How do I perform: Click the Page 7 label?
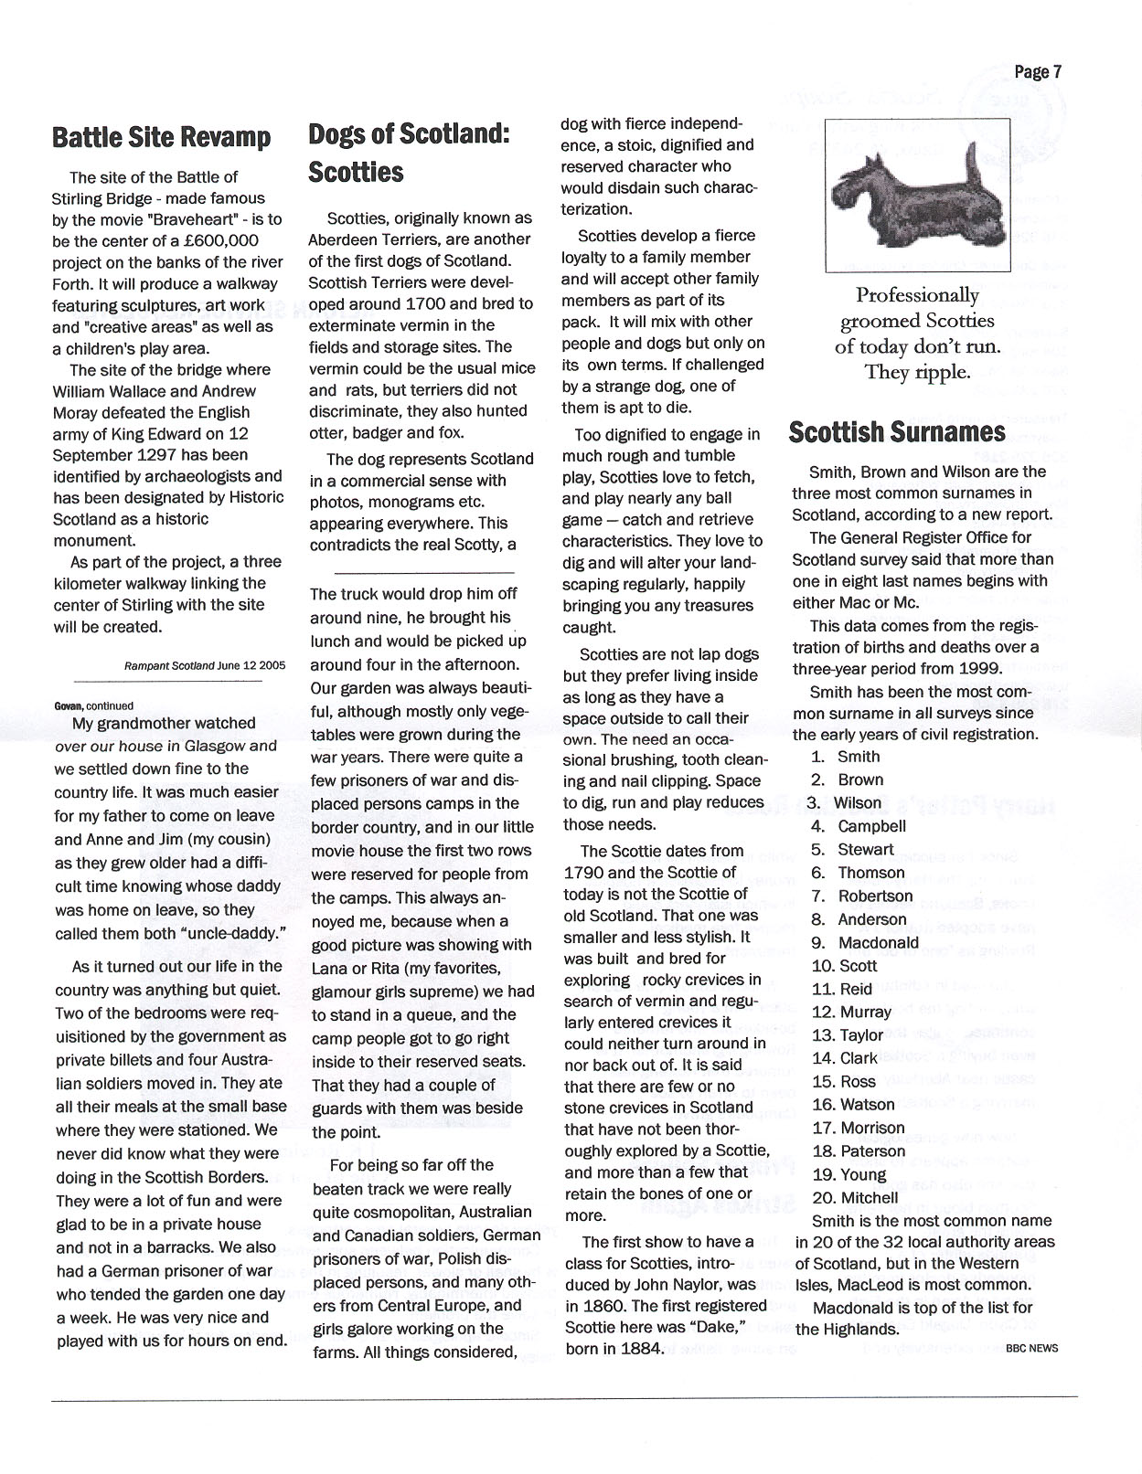pos(1038,72)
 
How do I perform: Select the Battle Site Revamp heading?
pos(162,137)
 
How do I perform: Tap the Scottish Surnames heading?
pos(897,431)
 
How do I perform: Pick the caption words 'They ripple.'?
pos(917,372)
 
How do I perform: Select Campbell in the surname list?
pos(871,826)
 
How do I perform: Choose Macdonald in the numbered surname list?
pos(878,942)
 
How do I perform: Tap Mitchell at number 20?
pos(869,1197)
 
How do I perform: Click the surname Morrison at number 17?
pos(872,1128)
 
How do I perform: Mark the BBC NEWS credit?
pos(1031,1348)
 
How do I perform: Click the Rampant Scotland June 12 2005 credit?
pos(204,665)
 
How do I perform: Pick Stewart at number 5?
pos(866,849)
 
